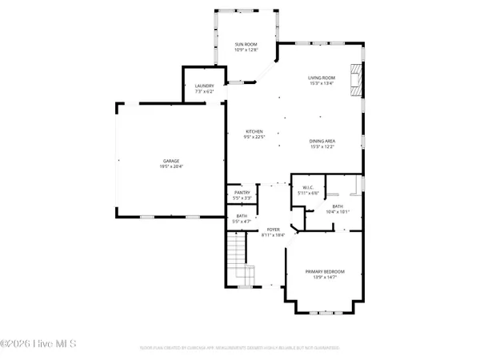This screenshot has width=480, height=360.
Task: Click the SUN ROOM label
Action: click(245, 44)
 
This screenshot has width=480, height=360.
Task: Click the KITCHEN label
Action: click(254, 131)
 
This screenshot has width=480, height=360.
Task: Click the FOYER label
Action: click(273, 230)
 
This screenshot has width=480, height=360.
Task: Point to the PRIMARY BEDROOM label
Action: click(324, 271)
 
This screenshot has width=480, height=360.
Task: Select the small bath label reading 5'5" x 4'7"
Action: click(242, 220)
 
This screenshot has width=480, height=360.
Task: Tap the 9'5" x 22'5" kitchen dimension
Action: click(254, 136)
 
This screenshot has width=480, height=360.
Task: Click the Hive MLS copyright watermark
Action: click(38, 344)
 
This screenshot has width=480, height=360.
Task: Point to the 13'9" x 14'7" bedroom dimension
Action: click(324, 277)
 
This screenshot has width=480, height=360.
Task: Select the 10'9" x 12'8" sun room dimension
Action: click(245, 50)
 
